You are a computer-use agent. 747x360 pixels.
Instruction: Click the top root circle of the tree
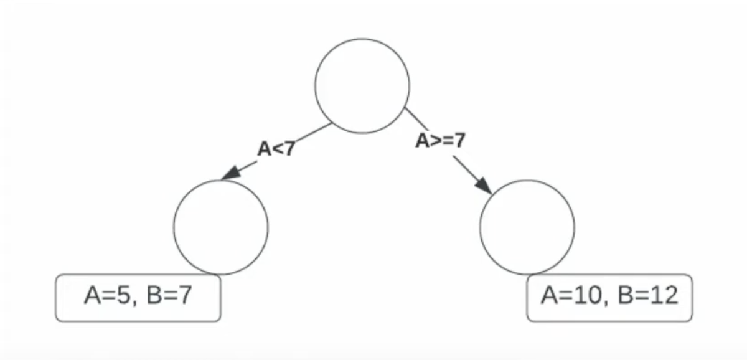[362, 85]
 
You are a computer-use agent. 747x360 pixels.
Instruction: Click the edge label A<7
[276, 149]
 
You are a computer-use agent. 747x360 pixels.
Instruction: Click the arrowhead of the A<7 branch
[229, 174]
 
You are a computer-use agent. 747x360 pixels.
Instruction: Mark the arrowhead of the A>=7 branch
[485, 186]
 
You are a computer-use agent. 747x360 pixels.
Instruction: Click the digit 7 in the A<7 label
[289, 149]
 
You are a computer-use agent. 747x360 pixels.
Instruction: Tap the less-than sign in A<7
[276, 149]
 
